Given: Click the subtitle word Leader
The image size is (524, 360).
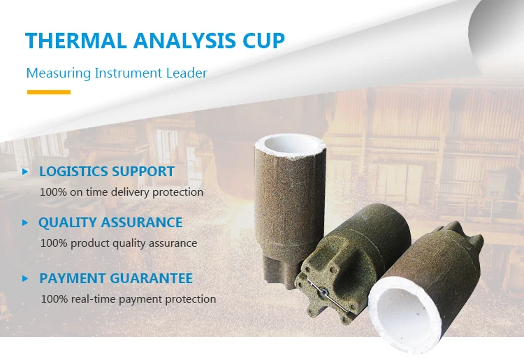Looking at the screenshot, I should pyautogui.click(x=187, y=73).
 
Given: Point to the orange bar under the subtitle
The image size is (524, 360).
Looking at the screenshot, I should pyautogui.click(x=48, y=92).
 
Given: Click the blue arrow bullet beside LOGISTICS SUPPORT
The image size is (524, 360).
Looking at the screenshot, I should pyautogui.click(x=25, y=171).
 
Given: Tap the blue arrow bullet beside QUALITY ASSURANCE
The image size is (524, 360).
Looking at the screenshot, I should pyautogui.click(x=25, y=223).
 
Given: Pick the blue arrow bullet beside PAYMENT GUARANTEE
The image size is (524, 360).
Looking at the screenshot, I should pyautogui.click(x=25, y=278).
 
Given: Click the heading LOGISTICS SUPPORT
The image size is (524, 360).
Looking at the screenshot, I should pyautogui.click(x=107, y=171).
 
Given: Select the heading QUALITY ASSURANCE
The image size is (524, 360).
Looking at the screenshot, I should pyautogui.click(x=110, y=223).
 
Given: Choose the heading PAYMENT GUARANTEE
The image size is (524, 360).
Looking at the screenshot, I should pyautogui.click(x=116, y=278).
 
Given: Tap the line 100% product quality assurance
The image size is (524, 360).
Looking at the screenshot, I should pyautogui.click(x=119, y=243).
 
